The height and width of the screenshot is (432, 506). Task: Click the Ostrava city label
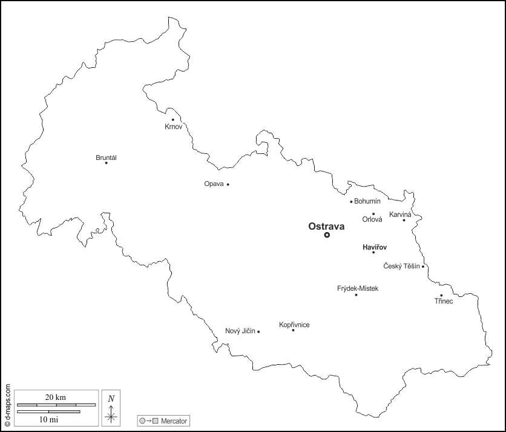click(x=326, y=226)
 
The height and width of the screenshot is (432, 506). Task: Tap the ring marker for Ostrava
click(x=327, y=235)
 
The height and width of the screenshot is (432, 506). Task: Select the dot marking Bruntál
click(x=106, y=162)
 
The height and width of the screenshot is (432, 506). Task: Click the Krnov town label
click(x=173, y=127)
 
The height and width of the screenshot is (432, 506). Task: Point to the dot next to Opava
click(x=228, y=184)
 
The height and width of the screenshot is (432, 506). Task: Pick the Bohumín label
click(x=367, y=201)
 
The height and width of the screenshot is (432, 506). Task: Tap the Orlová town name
click(x=372, y=220)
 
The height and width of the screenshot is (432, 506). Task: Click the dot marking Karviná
click(x=404, y=220)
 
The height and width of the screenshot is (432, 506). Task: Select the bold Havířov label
click(x=374, y=247)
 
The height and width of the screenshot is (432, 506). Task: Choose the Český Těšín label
click(x=402, y=266)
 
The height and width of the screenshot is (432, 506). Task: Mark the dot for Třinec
click(x=441, y=296)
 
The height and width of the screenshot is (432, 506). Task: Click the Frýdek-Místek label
click(x=357, y=288)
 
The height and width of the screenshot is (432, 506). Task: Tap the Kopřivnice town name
click(x=294, y=325)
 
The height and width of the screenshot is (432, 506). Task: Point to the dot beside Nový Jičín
click(x=258, y=331)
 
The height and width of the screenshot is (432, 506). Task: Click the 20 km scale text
click(x=56, y=397)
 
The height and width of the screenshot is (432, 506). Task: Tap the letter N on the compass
click(x=111, y=398)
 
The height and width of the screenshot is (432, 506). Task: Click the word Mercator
click(x=174, y=420)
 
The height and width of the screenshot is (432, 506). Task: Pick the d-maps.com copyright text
click(x=7, y=405)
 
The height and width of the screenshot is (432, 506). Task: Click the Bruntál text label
click(x=106, y=158)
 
